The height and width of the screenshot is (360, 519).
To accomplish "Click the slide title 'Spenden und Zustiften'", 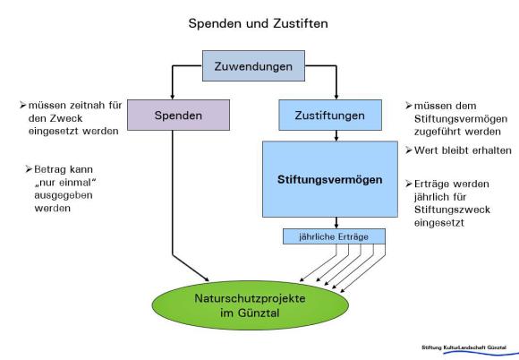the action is pyautogui.click(x=259, y=23).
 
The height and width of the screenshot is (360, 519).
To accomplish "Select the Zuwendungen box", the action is pyautogui.click(x=253, y=65).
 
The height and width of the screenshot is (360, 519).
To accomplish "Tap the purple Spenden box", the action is pyautogui.click(x=178, y=115).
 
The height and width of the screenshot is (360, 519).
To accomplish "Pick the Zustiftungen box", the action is pyautogui.click(x=330, y=115).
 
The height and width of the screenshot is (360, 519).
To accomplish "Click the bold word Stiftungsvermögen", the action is pyautogui.click(x=329, y=179).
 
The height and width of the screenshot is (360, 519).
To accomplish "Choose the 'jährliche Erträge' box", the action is pyautogui.click(x=334, y=236).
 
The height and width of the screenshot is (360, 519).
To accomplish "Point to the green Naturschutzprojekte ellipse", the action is pyautogui.click(x=251, y=305).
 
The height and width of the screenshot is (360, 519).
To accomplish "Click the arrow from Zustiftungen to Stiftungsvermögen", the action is pyautogui.click(x=336, y=136).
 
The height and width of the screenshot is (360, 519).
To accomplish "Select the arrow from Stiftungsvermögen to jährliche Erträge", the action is pyautogui.click(x=336, y=223).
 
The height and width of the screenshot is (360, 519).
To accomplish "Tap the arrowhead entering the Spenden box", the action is pyautogui.click(x=172, y=97).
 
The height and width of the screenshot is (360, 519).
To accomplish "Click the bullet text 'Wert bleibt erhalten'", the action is pyautogui.click(x=463, y=150).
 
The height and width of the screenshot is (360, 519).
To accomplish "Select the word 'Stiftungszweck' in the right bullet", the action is pyautogui.click(x=452, y=210).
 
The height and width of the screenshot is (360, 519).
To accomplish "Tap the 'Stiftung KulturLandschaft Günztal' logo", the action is pyautogui.click(x=464, y=349).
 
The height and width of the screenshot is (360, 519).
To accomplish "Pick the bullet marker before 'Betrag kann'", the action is pyautogui.click(x=29, y=169).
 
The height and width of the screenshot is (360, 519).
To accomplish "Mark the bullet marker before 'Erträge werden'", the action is pyautogui.click(x=409, y=184).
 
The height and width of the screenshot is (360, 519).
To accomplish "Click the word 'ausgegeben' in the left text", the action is pyautogui.click(x=64, y=195).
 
